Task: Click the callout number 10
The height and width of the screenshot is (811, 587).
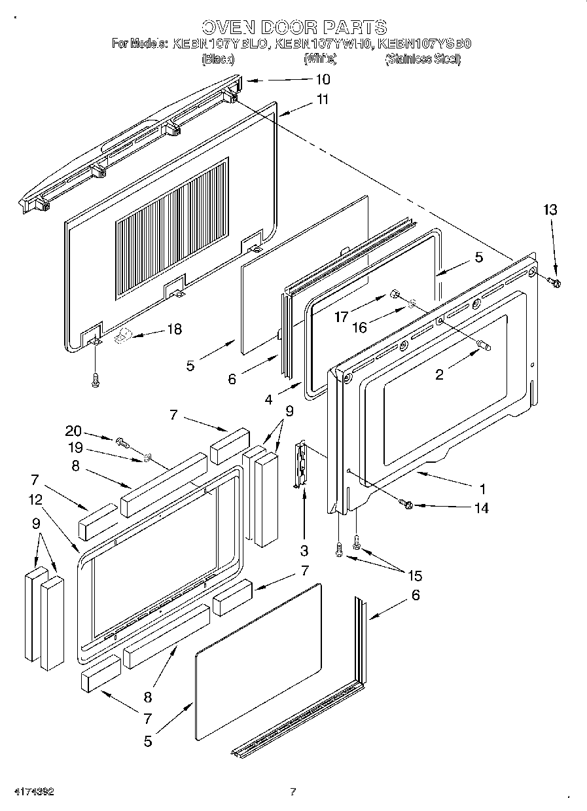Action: click(x=323, y=80)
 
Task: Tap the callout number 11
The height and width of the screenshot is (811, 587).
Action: click(x=322, y=100)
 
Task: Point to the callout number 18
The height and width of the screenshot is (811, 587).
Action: click(x=174, y=329)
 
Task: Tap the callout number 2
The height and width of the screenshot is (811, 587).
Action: click(x=439, y=374)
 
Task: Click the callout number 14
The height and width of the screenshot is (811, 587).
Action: click(x=481, y=507)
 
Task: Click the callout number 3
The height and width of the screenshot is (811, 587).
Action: click(x=304, y=550)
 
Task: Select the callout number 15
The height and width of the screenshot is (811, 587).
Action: click(x=415, y=576)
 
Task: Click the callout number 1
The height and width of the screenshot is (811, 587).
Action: click(x=482, y=488)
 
